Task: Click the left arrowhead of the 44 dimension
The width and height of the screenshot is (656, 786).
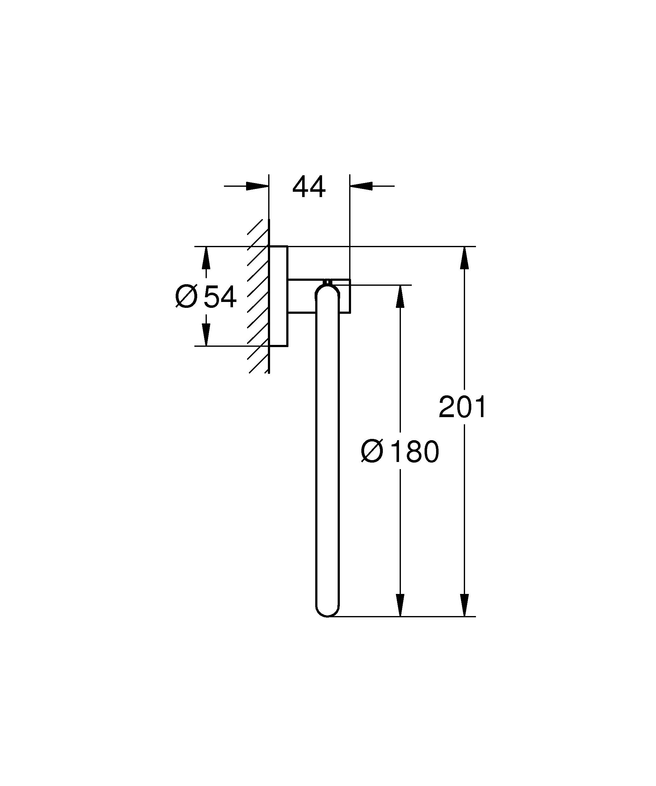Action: click(x=258, y=186)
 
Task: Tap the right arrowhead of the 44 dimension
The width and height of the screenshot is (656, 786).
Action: click(x=361, y=186)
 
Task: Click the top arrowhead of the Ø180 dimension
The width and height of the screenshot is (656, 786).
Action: click(x=400, y=296)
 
